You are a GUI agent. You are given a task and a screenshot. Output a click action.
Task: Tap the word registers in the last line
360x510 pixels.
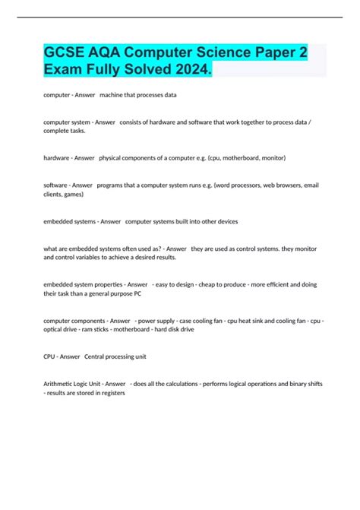(111, 393)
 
